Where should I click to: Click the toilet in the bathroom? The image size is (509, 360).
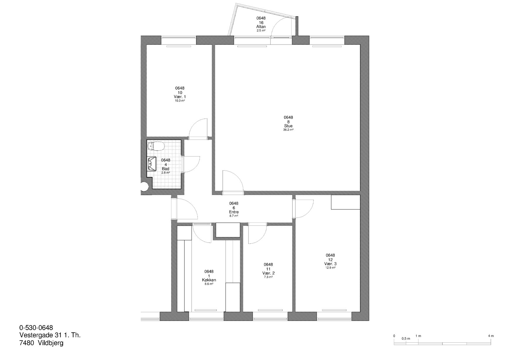click(x=156, y=146)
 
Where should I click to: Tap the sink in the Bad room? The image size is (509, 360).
click(x=152, y=164)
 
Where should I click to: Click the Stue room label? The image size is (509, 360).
click(x=288, y=126)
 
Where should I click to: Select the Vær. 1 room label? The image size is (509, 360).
click(x=180, y=97)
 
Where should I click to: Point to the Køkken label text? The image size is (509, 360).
click(x=209, y=280)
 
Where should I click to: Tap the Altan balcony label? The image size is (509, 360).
click(x=261, y=27)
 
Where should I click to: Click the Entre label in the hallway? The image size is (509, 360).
click(x=234, y=212)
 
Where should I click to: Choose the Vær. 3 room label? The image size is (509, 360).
click(x=330, y=264)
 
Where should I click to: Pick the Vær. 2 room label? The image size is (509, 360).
click(x=268, y=273)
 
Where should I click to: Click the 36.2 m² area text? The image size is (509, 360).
click(x=288, y=130)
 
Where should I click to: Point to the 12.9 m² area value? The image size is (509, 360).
click(x=330, y=267)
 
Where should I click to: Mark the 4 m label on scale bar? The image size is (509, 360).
click(x=491, y=336)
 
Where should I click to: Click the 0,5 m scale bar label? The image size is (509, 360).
click(x=406, y=339)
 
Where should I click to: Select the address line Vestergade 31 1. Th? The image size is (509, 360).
click(x=50, y=335)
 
